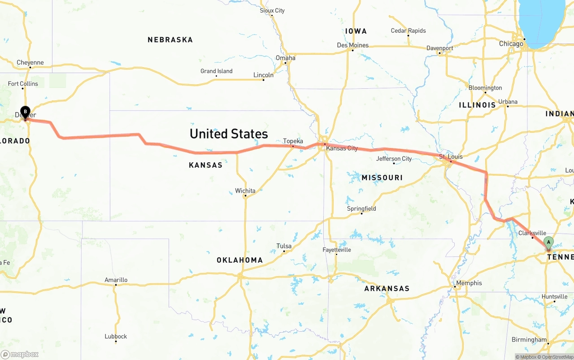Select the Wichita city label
coord(245,191)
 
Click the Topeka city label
coord(293,141)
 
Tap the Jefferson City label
coord(394,159)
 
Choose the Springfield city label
coord(361,209)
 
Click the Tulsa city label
coord(284,246)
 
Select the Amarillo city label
coord(116,280)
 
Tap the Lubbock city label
coord(116,337)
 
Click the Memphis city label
coord(469,283)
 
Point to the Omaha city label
coord(286,58)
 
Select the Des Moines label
coord(352,45)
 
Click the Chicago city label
coord(511,44)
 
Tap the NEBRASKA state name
coord(170,40)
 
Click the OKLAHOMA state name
coord(239,260)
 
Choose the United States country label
coord(229,134)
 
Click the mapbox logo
coord(20,354)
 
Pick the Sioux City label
coord(272,11)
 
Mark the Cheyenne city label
coord(30,63)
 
